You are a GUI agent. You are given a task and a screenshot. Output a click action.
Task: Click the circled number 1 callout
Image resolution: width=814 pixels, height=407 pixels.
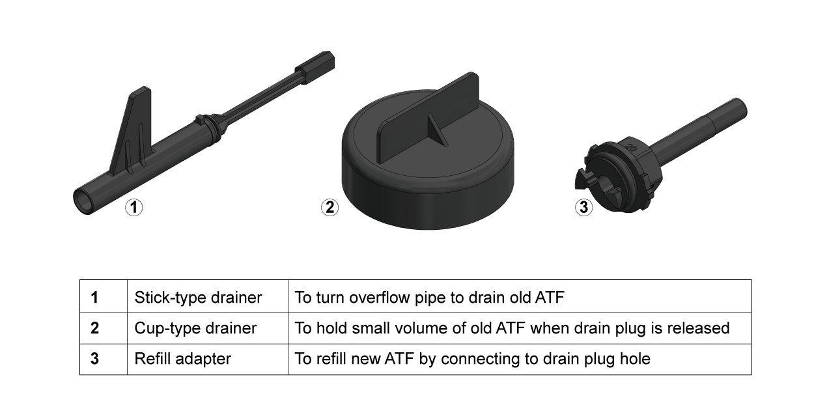[133, 208]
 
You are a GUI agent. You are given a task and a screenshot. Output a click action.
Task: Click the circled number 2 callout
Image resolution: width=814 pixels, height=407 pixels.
[330, 208]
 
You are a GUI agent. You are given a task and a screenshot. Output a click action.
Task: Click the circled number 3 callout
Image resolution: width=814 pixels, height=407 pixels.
[583, 208]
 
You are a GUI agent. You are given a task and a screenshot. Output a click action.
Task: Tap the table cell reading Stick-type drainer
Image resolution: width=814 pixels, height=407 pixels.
[198, 298]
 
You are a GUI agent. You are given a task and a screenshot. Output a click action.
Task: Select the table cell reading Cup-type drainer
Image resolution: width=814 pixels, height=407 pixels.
[195, 328]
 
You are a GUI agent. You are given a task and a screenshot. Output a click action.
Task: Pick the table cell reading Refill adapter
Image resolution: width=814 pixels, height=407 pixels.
[182, 359]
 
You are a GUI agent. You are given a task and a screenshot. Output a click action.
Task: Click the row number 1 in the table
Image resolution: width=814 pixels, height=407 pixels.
[94, 298]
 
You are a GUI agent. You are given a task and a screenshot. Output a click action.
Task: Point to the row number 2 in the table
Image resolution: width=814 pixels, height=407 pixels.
[94, 328]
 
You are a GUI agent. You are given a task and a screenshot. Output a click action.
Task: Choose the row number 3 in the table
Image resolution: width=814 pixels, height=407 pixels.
[94, 359]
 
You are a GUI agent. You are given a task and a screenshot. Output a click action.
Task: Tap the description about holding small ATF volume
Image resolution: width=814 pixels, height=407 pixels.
[512, 328]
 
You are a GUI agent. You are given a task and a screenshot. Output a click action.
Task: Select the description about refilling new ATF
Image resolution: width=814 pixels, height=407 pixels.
[472, 359]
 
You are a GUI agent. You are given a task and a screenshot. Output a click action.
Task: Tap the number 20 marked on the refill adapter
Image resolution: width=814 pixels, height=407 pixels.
[630, 147]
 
